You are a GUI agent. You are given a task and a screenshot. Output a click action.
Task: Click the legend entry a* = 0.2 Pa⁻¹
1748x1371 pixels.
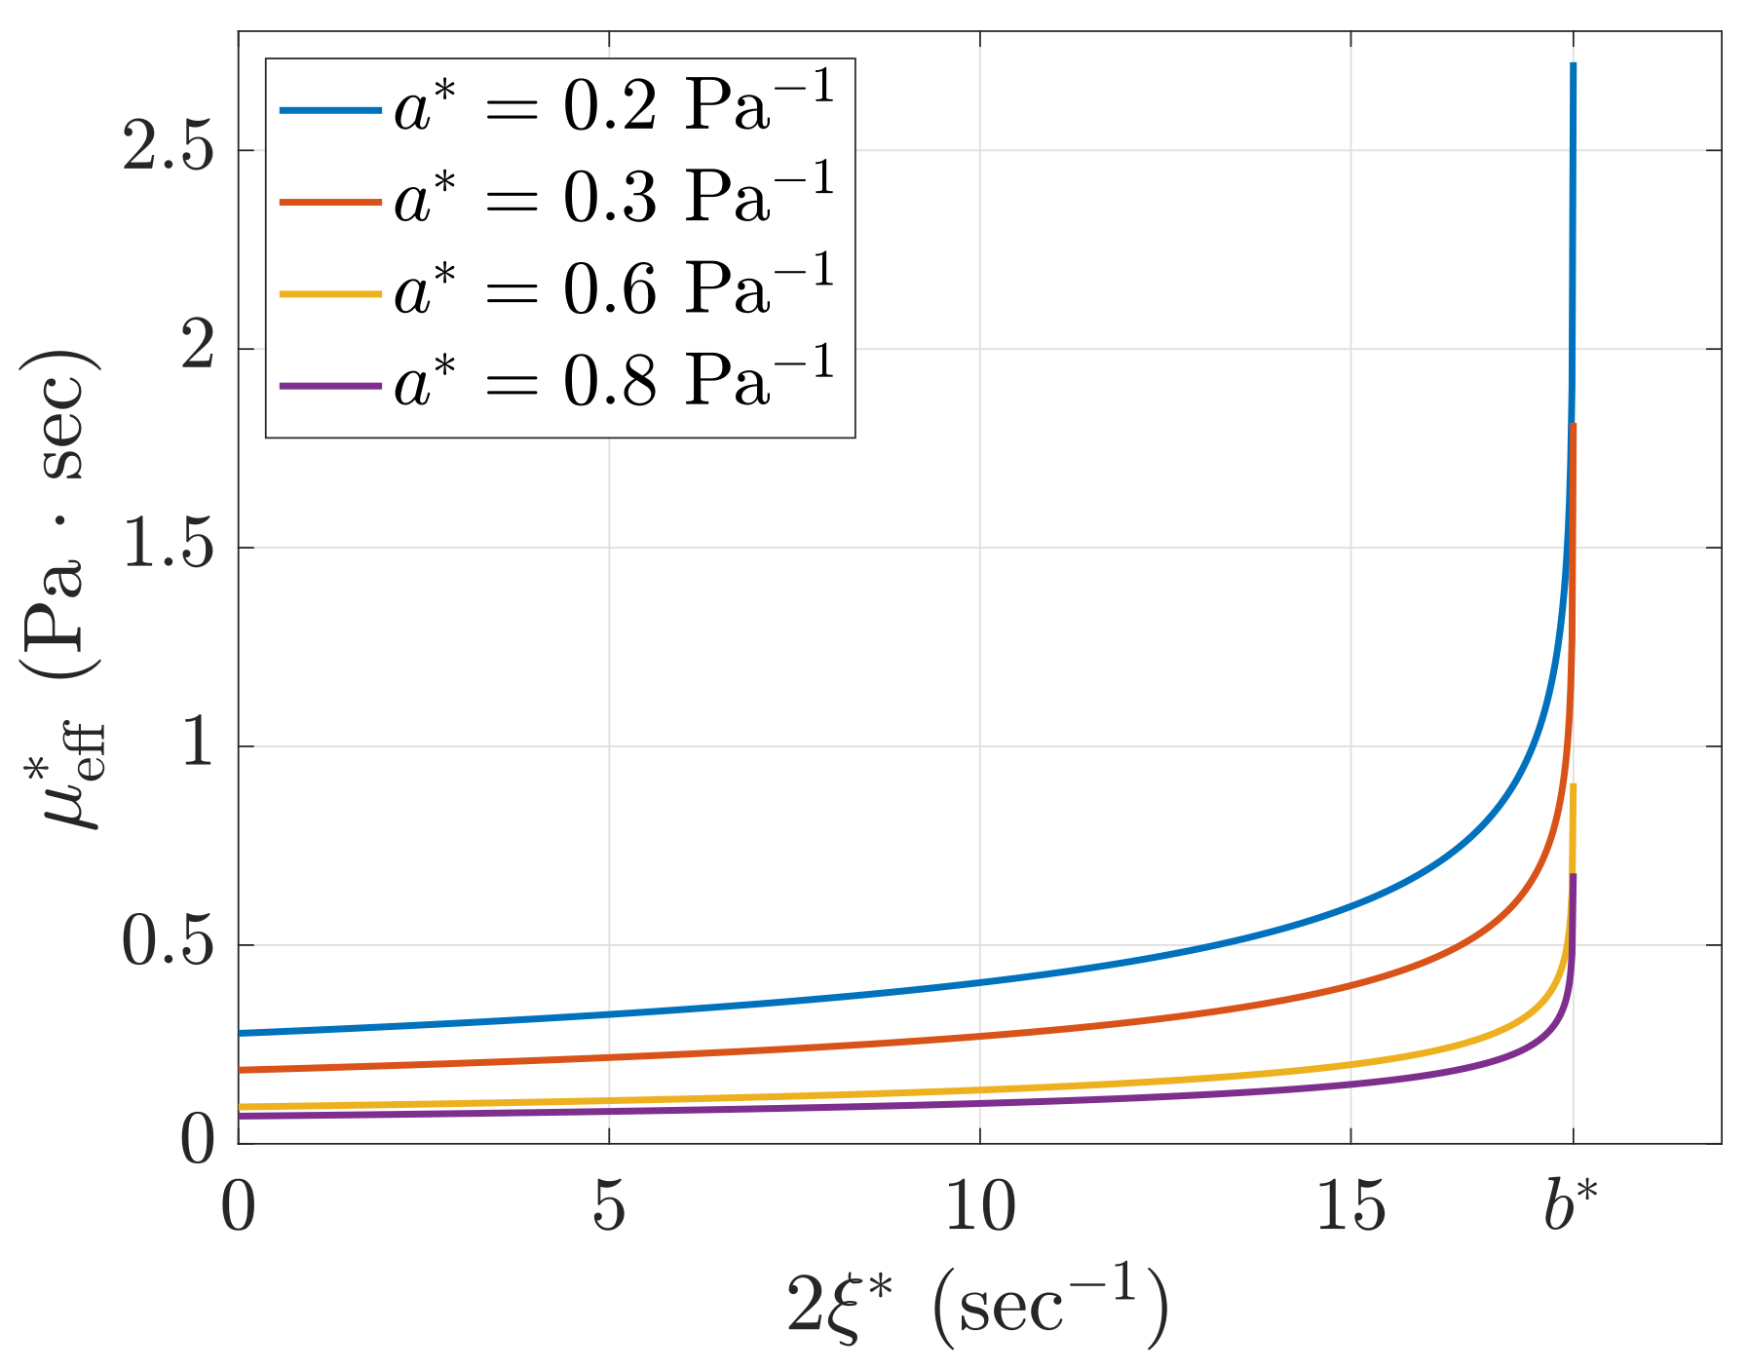click(614, 107)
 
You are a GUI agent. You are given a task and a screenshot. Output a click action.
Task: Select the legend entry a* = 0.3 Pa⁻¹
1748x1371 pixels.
click(614, 199)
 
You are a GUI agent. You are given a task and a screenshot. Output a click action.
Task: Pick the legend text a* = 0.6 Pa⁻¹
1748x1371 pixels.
click(614, 289)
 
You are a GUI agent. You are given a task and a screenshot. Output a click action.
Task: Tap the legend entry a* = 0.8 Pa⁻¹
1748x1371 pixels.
click(614, 381)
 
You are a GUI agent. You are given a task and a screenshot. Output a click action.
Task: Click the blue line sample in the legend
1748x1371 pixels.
click(329, 110)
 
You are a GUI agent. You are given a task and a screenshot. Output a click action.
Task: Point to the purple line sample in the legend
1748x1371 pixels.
click(329, 387)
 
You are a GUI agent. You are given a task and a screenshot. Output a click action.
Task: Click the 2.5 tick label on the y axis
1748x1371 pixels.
click(168, 151)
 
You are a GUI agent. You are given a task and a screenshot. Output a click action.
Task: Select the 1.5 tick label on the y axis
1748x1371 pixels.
click(168, 548)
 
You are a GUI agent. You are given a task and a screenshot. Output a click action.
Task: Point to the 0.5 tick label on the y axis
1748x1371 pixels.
click(168, 945)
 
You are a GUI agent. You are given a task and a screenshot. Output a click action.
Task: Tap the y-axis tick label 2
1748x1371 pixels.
click(197, 349)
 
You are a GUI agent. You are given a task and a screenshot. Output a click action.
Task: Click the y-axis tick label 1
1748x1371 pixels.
click(197, 746)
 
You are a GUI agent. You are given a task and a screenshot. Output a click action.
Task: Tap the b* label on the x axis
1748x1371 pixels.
click(1571, 1206)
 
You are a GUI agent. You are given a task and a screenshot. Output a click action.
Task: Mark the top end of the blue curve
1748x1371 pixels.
click(1573, 65)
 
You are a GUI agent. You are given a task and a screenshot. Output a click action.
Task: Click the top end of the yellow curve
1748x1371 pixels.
click(1573, 785)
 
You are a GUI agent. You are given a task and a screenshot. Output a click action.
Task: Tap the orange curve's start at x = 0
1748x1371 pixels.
click(241, 1069)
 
